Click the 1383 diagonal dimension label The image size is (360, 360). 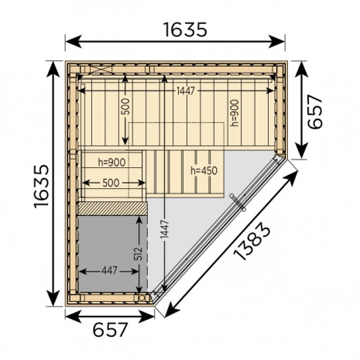point(252,241)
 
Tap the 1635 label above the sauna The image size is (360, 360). point(185,29)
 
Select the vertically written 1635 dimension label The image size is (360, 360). point(41,187)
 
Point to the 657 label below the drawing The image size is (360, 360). point(110,330)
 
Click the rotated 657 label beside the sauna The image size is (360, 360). point(315,111)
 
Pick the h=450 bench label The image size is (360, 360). point(204,170)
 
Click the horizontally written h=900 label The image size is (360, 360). point(111,163)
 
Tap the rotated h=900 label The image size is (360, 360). point(235,113)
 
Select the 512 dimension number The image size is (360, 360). point(139,253)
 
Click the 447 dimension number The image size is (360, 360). point(109,271)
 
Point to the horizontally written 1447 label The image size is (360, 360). point(185,91)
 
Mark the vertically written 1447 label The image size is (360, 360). point(164,229)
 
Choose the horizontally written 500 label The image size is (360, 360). point(111,183)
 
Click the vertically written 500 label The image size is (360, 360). point(125,107)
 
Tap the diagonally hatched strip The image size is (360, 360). point(112,208)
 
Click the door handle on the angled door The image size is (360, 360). point(238,203)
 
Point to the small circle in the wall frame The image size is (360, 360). point(142,298)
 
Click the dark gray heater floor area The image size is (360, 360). point(112,254)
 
